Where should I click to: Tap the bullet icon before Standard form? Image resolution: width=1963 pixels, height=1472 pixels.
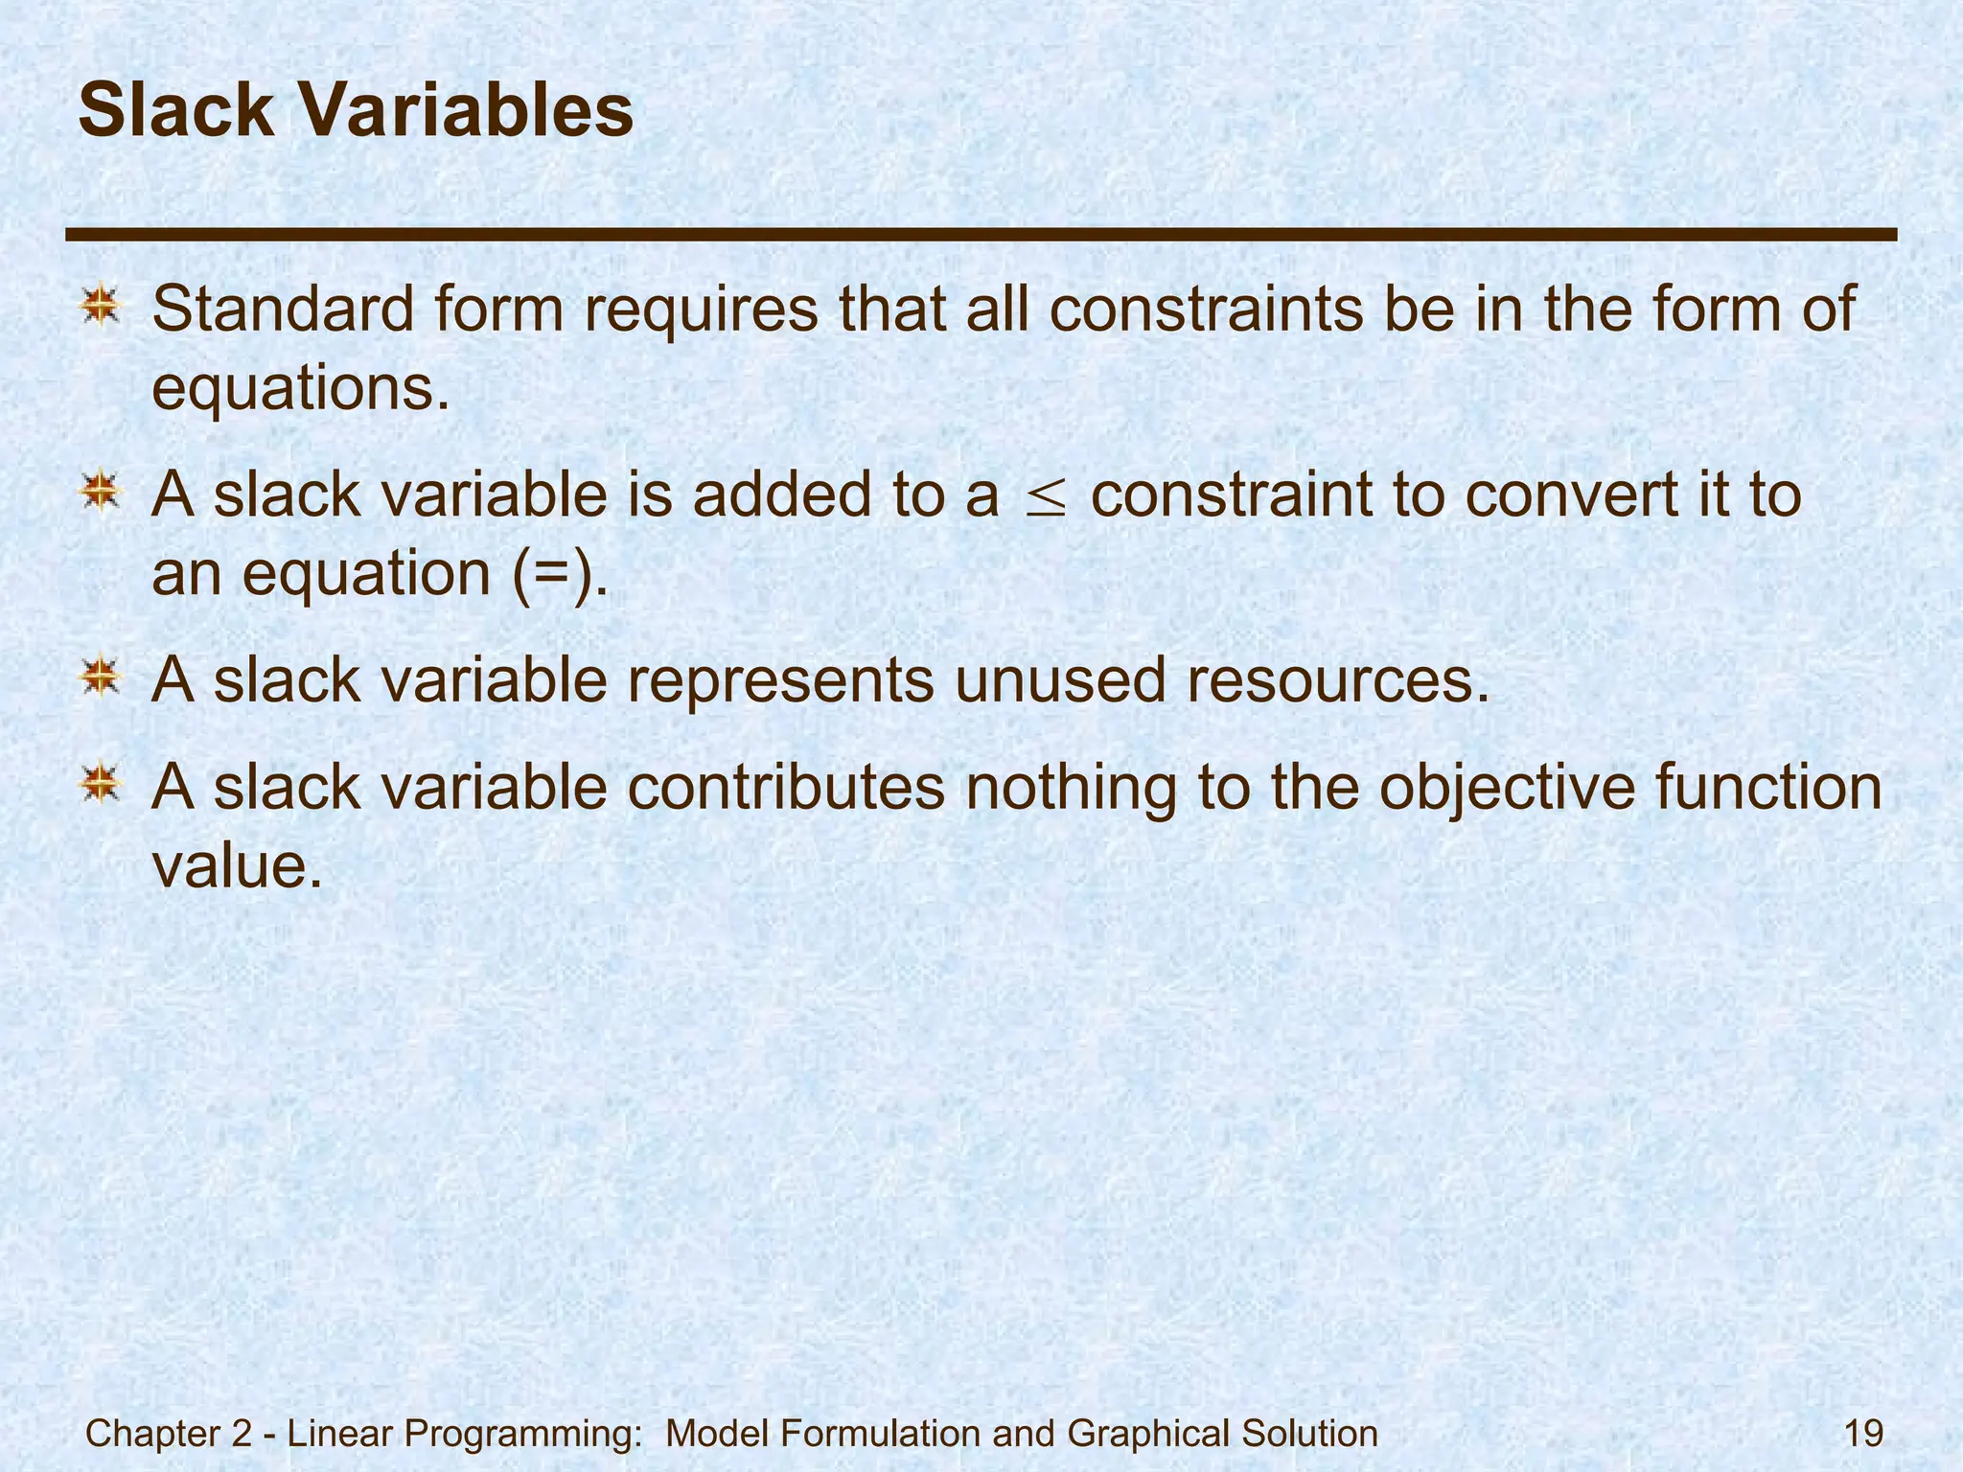click(x=100, y=308)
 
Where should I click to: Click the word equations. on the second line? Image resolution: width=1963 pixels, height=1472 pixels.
click(x=301, y=390)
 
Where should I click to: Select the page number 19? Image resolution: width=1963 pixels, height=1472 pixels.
click(x=1863, y=1435)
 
